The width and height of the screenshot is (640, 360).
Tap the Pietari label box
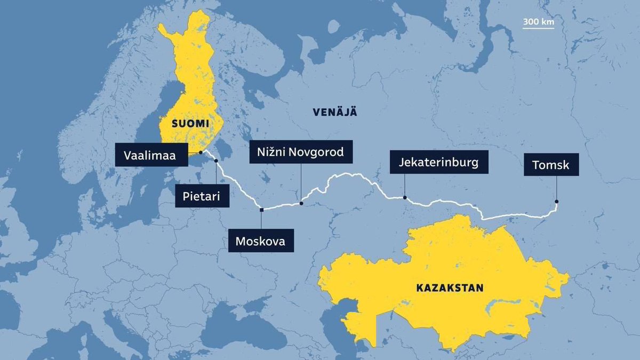point(203,196)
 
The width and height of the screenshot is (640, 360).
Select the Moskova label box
point(261,241)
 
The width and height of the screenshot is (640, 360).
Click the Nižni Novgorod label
point(301,153)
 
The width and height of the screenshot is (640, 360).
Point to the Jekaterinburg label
point(438,162)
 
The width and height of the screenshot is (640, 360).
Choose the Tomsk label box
point(550,165)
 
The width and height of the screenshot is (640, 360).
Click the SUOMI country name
point(189,124)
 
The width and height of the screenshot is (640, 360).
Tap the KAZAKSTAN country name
point(449,288)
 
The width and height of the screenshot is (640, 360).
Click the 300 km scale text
point(538,22)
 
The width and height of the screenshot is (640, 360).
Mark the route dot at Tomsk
point(556,202)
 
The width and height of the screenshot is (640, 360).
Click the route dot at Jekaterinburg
point(405,198)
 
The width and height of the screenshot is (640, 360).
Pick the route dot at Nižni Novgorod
point(301,203)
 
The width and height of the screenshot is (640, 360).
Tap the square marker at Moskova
point(261,210)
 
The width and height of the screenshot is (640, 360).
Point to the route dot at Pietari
point(216,161)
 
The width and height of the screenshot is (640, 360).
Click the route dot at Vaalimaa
point(200,153)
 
